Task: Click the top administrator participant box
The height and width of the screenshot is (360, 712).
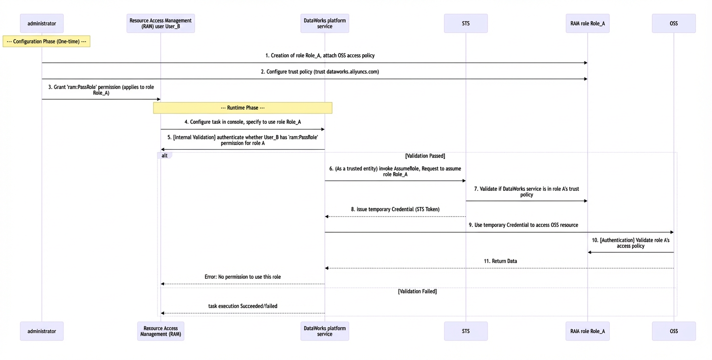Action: [42, 23]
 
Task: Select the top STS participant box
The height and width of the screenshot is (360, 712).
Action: [466, 23]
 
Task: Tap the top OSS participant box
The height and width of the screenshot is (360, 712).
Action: [673, 23]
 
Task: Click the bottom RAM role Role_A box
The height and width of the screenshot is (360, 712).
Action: [587, 331]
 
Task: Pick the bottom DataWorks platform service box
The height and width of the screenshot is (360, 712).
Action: [325, 331]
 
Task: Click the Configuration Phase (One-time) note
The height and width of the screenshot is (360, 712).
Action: [46, 42]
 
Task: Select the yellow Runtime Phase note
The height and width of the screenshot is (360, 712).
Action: [243, 108]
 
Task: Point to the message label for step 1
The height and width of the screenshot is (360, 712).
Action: [320, 55]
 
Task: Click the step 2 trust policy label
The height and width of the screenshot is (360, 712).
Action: [320, 71]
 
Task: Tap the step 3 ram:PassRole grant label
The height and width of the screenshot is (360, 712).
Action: [101, 90]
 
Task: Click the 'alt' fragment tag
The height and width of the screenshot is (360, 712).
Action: [164, 156]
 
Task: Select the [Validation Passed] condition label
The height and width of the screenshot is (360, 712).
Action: [425, 156]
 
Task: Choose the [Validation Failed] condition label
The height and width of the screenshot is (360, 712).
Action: [417, 292]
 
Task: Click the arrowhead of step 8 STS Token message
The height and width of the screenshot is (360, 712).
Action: [327, 217]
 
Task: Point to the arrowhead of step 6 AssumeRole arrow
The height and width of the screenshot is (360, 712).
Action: [464, 180]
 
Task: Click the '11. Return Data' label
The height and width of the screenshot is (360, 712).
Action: [500, 261]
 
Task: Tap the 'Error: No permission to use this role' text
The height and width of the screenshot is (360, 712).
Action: [243, 277]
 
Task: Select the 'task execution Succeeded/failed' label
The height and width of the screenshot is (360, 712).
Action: [243, 306]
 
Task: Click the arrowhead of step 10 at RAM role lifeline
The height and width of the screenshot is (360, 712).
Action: [590, 252]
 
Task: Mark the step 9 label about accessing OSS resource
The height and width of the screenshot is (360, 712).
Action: [523, 225]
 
